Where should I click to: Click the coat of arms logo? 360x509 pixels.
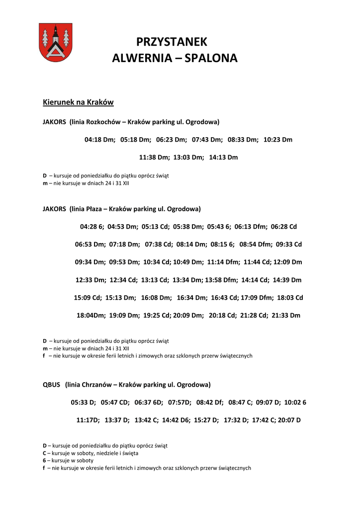(x=56, y=42)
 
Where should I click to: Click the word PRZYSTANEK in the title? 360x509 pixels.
(x=172, y=42)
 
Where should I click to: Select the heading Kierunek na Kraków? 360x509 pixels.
(x=78, y=102)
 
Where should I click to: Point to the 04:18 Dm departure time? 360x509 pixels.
(x=100, y=140)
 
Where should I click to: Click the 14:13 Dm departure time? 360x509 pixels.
(x=223, y=158)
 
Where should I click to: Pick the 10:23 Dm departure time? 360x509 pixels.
(x=278, y=140)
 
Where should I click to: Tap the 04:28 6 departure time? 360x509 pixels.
(x=92, y=227)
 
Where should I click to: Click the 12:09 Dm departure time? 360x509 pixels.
(x=288, y=262)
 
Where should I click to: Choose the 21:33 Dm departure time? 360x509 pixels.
(x=286, y=316)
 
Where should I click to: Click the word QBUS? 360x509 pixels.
(x=52, y=385)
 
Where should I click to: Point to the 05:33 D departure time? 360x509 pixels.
(x=83, y=403)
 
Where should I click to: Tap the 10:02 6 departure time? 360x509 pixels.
(x=295, y=403)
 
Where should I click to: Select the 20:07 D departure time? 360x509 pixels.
(x=289, y=421)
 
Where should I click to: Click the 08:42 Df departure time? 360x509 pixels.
(x=210, y=403)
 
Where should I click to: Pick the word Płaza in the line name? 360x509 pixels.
(x=94, y=209)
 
